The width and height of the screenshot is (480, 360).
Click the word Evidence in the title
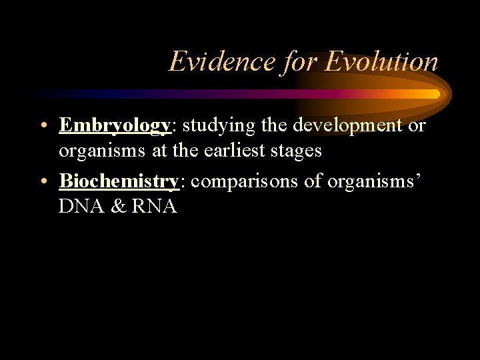point(223,62)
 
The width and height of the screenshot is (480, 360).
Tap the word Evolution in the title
point(381,62)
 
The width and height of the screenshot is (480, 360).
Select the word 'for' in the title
point(301,62)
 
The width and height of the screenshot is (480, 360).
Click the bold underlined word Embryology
point(115,125)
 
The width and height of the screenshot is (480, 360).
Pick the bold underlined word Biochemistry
point(119,181)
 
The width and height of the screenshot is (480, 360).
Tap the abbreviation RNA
point(155,207)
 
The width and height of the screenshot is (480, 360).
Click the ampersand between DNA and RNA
point(117,207)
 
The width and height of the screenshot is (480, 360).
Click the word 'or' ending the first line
point(416,125)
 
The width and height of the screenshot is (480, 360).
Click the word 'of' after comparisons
point(313,181)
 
